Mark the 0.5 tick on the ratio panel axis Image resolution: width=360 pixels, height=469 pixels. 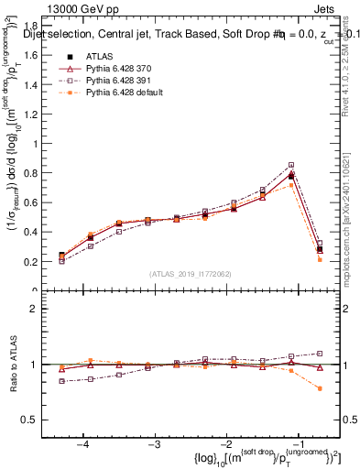coord(35,420)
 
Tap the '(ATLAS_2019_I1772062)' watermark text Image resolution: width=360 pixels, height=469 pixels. coord(191,275)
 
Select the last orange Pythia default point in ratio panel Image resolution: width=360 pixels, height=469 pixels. coord(320,388)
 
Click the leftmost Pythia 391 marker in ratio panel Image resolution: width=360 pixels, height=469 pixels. coord(61,381)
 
